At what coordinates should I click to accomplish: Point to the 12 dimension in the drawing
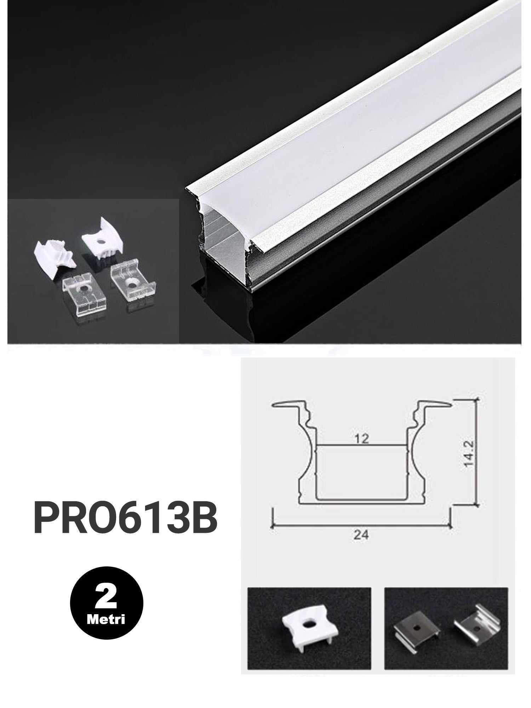pyautogui.click(x=361, y=439)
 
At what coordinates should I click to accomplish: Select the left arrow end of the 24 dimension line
pyautogui.click(x=274, y=526)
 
